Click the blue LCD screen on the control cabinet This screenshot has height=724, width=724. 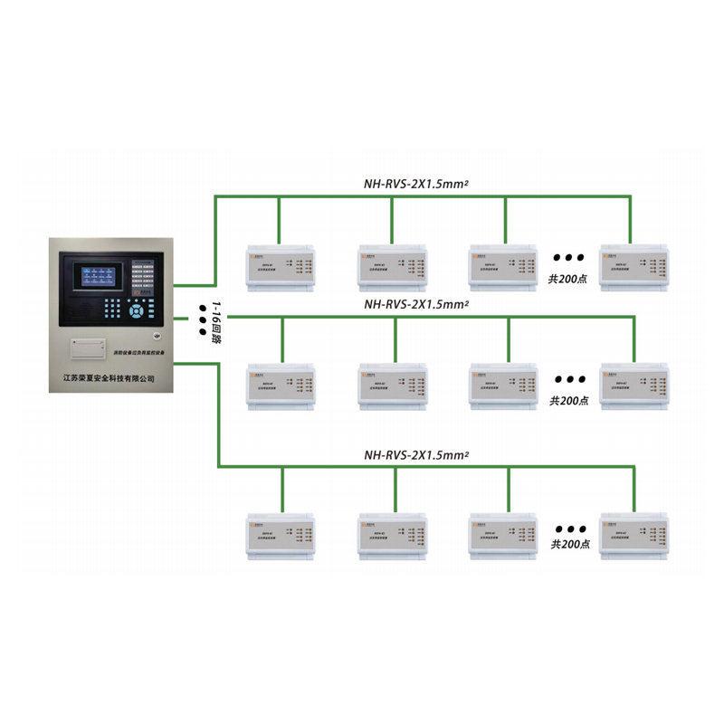(x=95, y=277)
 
